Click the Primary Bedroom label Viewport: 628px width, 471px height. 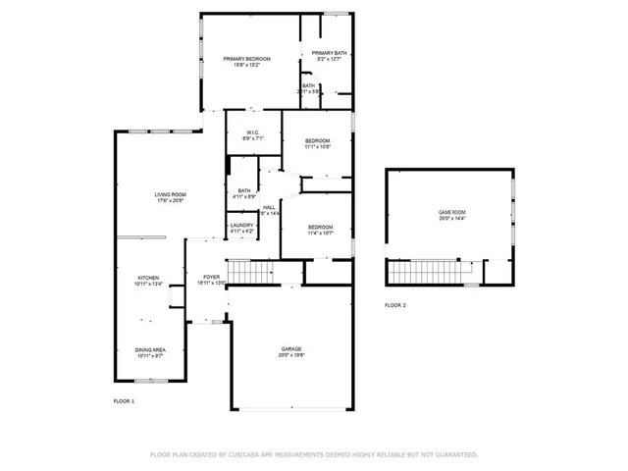click(246, 59)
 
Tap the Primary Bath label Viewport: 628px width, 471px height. click(329, 53)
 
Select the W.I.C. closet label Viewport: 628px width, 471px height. click(252, 133)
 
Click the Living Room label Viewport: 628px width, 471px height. click(170, 194)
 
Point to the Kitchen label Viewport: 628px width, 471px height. click(147, 278)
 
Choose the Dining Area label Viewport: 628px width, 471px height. click(149, 349)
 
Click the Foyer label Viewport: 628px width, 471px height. click(211, 277)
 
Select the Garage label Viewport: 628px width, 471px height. click(290, 348)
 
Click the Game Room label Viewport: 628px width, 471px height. click(451, 212)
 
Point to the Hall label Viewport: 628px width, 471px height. click(269, 207)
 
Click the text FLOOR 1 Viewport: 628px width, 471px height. click(124, 401)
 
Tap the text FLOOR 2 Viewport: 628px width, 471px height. click(394, 306)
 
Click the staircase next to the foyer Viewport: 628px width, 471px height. click(251, 271)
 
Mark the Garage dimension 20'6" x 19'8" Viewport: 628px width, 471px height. click(290, 355)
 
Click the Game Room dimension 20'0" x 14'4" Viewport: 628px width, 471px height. click(451, 218)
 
